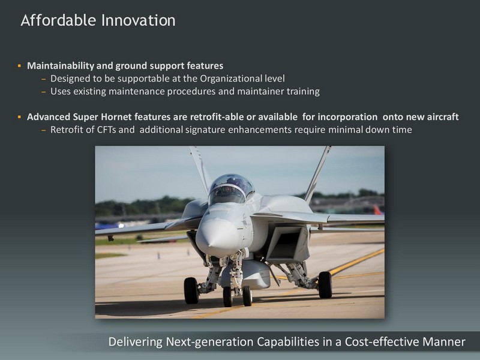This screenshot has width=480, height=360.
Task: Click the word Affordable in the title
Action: (x=58, y=20)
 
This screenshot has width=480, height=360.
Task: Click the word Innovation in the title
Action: (x=139, y=20)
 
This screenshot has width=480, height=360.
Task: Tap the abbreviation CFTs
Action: (x=106, y=130)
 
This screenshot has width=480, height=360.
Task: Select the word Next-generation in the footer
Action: (x=209, y=341)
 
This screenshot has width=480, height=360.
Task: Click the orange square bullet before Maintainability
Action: (x=19, y=65)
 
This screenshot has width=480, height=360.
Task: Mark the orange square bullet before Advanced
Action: (x=19, y=116)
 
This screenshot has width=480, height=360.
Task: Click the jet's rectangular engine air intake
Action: (x=287, y=243)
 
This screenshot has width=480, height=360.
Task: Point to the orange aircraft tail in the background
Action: (x=377, y=210)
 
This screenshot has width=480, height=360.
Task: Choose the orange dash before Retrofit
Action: (x=43, y=130)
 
